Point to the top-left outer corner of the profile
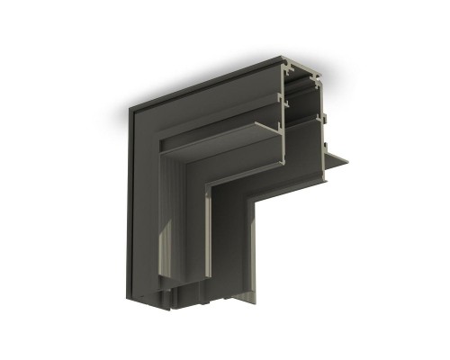(130, 110)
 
